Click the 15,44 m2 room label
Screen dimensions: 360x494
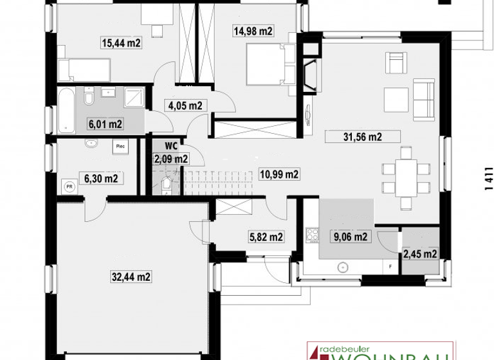point(121,43)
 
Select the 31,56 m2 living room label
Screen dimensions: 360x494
point(363,136)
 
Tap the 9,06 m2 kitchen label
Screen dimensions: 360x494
point(349,237)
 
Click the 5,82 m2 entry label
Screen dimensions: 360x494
point(264,237)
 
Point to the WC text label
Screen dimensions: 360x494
point(171,146)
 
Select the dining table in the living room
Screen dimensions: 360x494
point(405,177)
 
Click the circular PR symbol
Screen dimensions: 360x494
point(69,187)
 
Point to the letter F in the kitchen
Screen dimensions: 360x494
point(390,265)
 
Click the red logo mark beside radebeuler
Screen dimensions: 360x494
point(315,348)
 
